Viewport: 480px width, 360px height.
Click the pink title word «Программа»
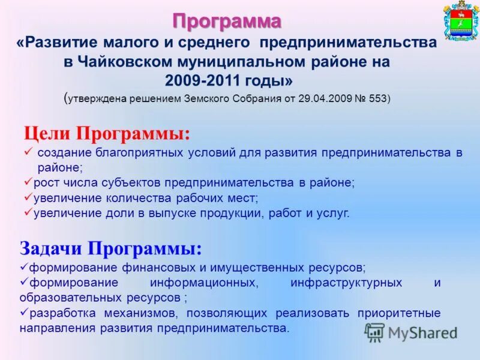click(x=227, y=22)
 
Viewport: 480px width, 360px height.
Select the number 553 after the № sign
click(x=377, y=99)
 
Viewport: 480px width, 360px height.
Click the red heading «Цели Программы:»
click(x=106, y=133)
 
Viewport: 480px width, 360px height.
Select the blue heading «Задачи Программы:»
click(x=110, y=248)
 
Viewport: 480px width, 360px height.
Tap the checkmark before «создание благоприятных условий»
click(x=28, y=152)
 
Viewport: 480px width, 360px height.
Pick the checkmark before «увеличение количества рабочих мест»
click(x=28, y=197)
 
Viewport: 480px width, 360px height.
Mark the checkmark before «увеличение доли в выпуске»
click(x=28, y=212)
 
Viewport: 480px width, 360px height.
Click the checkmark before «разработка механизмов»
click(x=24, y=313)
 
